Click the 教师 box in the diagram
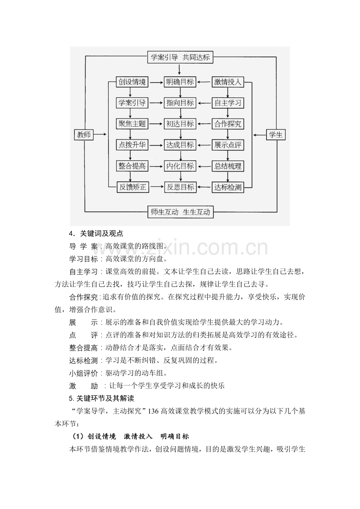(84, 135)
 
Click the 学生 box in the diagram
(276, 135)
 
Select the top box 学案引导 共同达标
(180, 57)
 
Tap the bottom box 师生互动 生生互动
(180, 212)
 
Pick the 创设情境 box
(132, 82)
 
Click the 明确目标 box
(180, 82)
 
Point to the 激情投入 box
(228, 82)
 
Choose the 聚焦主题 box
(132, 124)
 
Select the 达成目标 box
(180, 145)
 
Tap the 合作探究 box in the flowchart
(228, 124)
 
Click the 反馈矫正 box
(132, 187)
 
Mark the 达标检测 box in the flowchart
(228, 187)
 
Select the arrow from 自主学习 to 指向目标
(204, 103)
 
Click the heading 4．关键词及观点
(96, 233)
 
